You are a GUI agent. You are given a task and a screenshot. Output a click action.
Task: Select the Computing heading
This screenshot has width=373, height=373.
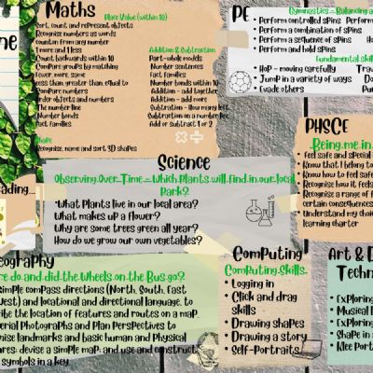click(268, 254)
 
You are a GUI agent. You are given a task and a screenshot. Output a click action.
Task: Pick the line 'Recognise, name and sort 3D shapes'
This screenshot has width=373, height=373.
click(89, 148)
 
